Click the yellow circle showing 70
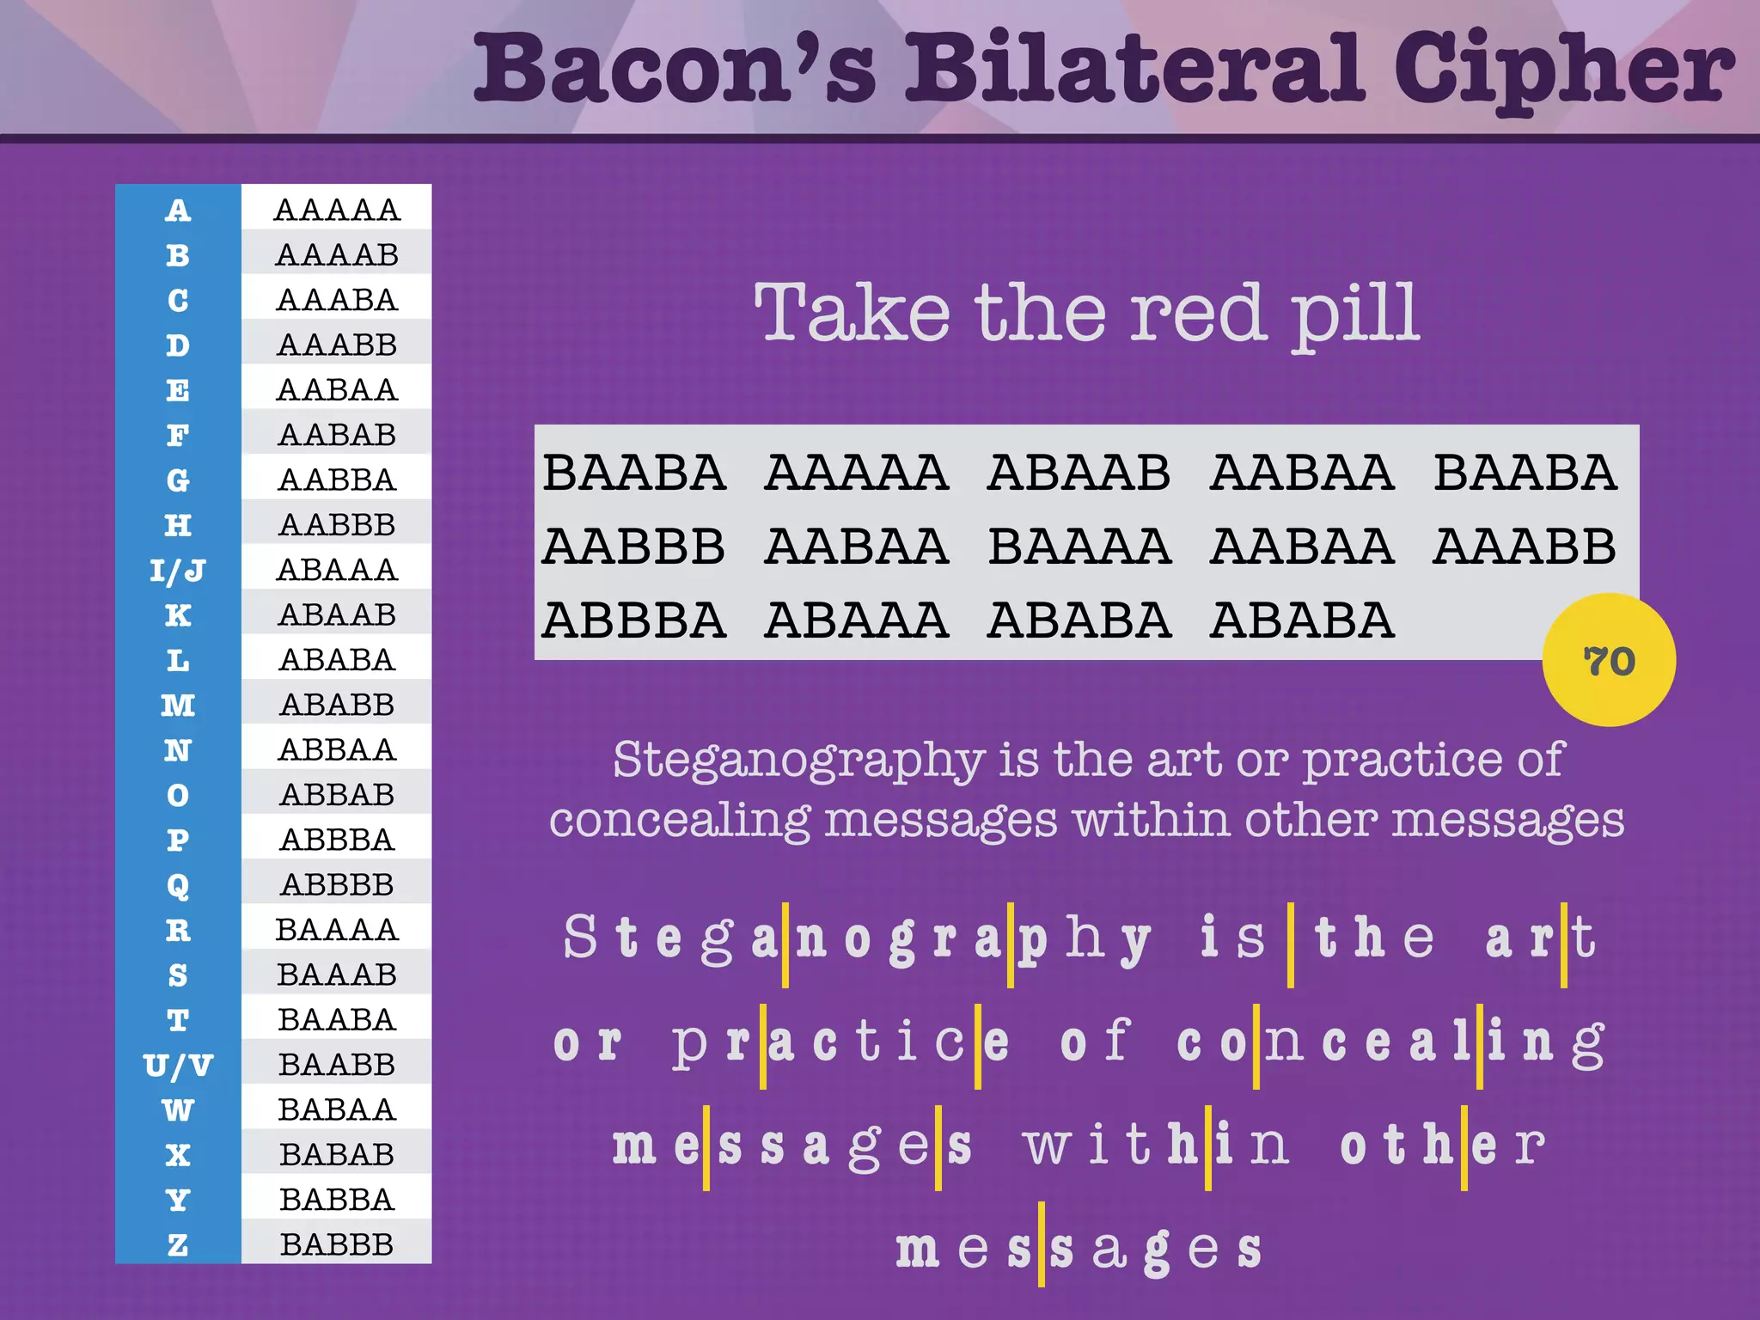coord(1608,660)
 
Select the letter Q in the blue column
coord(178,885)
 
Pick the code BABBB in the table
coord(336,1244)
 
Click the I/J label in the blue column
coord(178,571)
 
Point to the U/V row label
coord(178,1066)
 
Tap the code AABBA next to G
coord(336,480)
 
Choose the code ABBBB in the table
coord(336,884)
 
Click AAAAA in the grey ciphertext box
coord(856,473)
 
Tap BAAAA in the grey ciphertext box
coord(1079,547)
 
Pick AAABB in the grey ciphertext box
coord(1524,547)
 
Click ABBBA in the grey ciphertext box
coord(633,620)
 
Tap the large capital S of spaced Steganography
coord(580,937)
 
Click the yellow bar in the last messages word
coord(1041,1244)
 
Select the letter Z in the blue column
coord(178,1244)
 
